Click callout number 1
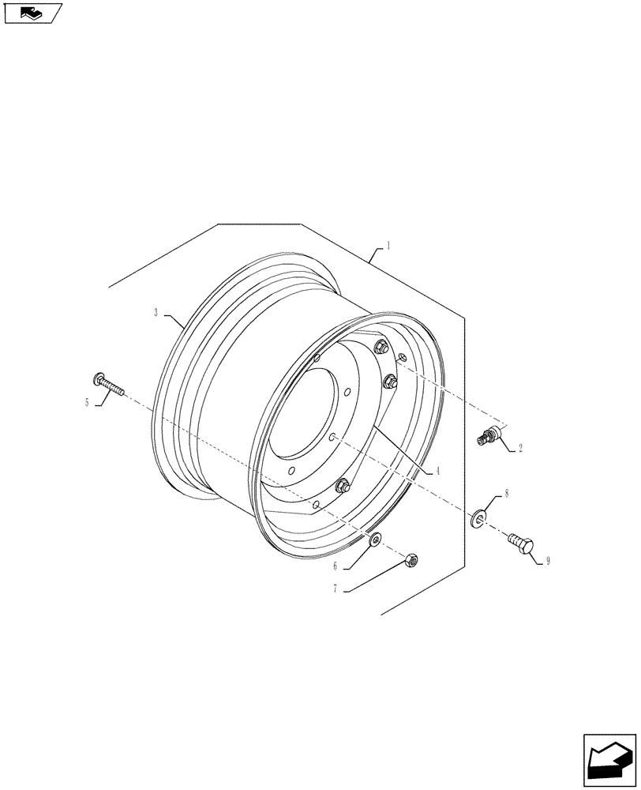(x=388, y=246)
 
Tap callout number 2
(x=521, y=448)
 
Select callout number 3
(x=156, y=313)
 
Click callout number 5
(x=87, y=402)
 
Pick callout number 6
(x=335, y=566)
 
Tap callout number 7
(x=335, y=589)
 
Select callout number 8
(x=506, y=493)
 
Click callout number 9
(x=547, y=561)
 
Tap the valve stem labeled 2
(x=489, y=434)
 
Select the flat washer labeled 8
(x=478, y=519)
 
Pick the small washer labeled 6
(x=375, y=539)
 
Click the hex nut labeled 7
(x=410, y=560)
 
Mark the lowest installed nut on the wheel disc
(x=343, y=486)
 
